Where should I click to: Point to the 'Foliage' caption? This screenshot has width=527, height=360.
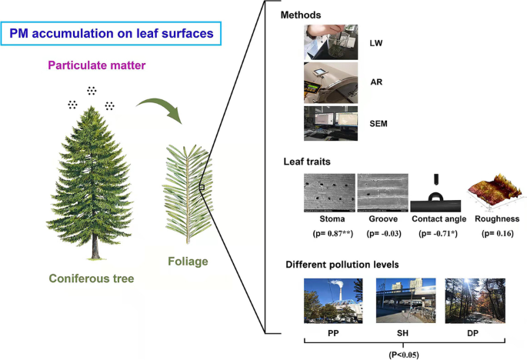(188, 262)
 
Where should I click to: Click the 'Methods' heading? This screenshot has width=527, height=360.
(299, 15)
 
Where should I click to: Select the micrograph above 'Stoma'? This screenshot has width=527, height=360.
(329, 192)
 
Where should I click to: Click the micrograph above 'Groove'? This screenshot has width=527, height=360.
(382, 192)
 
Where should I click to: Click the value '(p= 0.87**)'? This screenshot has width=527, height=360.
(329, 230)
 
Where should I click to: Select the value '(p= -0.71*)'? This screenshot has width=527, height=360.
(435, 230)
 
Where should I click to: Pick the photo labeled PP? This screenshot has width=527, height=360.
(331, 300)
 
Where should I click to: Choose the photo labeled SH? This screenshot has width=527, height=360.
(402, 300)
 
